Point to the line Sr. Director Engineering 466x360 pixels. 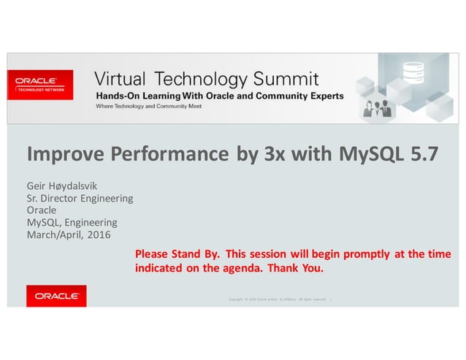click(x=80, y=198)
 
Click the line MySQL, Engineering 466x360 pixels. click(x=72, y=222)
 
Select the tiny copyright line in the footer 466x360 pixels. click(x=280, y=299)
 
